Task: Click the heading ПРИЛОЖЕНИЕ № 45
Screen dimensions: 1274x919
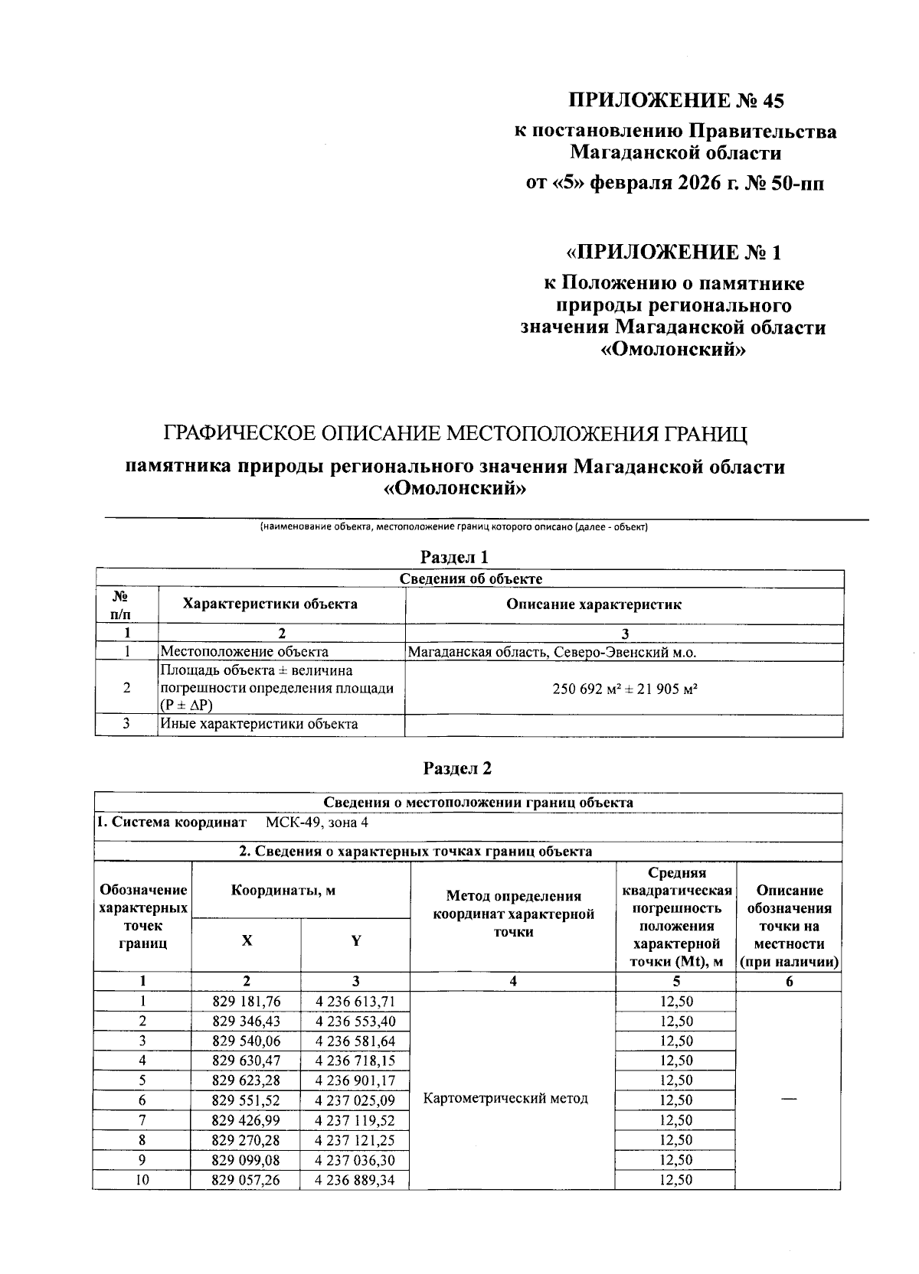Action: pos(676,100)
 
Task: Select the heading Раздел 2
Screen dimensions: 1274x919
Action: pos(457,768)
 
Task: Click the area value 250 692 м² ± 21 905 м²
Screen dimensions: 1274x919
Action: pos(624,688)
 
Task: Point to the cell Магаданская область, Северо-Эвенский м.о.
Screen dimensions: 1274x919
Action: pos(551,652)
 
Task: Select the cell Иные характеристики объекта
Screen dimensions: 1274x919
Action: pos(259,724)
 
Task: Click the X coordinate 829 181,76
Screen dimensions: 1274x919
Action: pos(246,1002)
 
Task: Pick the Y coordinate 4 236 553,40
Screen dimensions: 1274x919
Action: pos(355,1021)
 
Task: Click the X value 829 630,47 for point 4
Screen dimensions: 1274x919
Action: pos(246,1061)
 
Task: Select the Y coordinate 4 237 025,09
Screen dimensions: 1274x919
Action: pos(355,1100)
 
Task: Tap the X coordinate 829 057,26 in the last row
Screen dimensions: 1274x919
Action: pos(246,1180)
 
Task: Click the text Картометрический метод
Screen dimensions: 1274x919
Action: pos(505,1099)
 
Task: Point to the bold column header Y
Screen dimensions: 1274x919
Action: pos(356,941)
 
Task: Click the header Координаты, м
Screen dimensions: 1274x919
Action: pos(283,891)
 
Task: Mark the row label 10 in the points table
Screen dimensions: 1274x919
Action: pos(142,1180)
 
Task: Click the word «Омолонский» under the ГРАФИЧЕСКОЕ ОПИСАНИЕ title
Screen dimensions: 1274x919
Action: pos(455,489)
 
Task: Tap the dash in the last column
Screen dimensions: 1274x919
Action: pos(789,1099)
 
